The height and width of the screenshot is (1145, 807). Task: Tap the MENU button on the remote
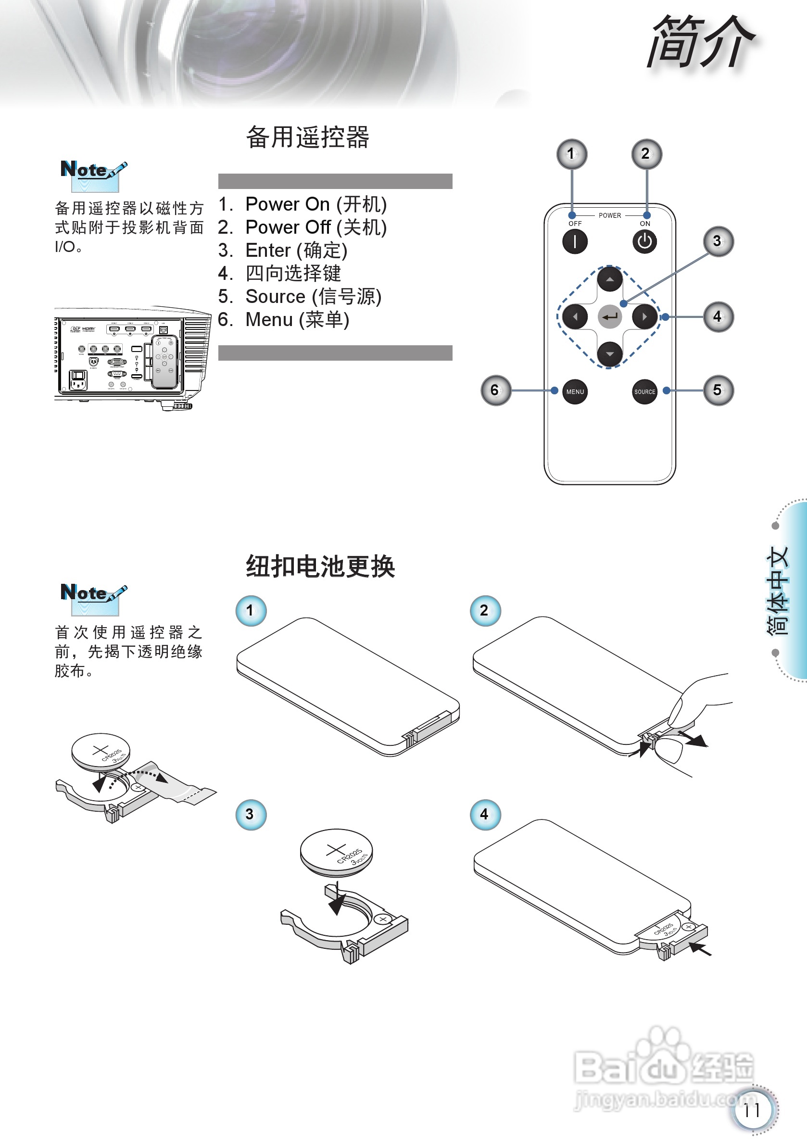click(x=575, y=391)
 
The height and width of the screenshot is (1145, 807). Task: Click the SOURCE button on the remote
click(x=644, y=391)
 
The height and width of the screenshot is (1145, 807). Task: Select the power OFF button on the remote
click(x=575, y=242)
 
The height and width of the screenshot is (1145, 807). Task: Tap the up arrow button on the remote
click(x=609, y=279)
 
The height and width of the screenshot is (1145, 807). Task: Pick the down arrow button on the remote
click(x=609, y=354)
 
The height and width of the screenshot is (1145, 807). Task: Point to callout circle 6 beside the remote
click(x=495, y=390)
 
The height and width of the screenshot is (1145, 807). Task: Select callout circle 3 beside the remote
click(x=718, y=241)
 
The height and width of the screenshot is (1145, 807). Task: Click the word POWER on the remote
click(x=609, y=215)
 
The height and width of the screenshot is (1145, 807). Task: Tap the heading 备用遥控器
click(x=308, y=137)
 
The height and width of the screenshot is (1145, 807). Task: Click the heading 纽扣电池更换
click(x=320, y=566)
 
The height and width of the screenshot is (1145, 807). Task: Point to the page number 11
click(x=752, y=1110)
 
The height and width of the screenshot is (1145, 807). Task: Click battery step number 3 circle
click(x=251, y=814)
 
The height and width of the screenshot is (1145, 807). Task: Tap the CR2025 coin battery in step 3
click(x=336, y=852)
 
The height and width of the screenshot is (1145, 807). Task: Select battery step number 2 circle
click(x=485, y=610)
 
